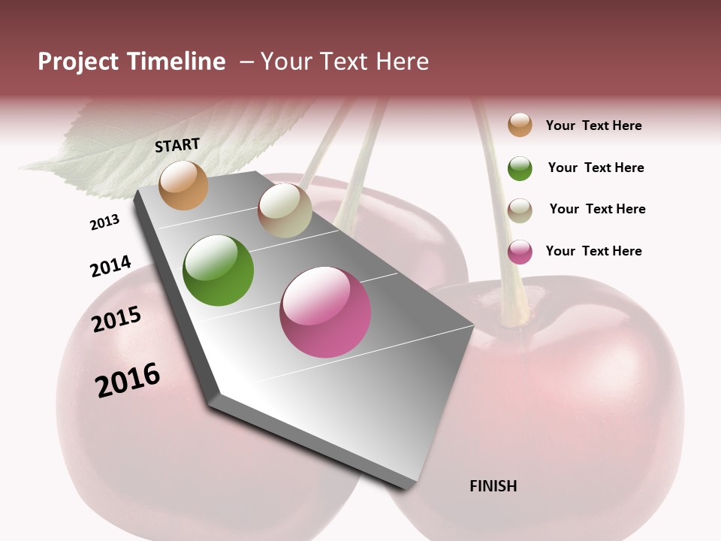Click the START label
pyautogui.click(x=177, y=145)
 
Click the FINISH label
pyautogui.click(x=493, y=486)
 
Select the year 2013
pyautogui.click(x=104, y=222)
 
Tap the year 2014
pyautogui.click(x=110, y=267)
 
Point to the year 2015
pyautogui.click(x=116, y=319)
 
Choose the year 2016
pyautogui.click(x=128, y=380)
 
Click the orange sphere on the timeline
pyautogui.click(x=183, y=185)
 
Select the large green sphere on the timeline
pyautogui.click(x=218, y=270)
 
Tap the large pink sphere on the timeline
pyautogui.click(x=325, y=312)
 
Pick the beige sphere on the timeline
pyautogui.click(x=285, y=210)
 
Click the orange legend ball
pyautogui.click(x=520, y=125)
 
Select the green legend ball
pyautogui.click(x=520, y=168)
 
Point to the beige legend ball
pyautogui.click(x=520, y=210)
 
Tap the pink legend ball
pyautogui.click(x=520, y=252)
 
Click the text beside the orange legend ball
pyautogui.click(x=593, y=125)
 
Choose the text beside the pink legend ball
pyautogui.click(x=593, y=251)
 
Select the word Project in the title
pyautogui.click(x=79, y=62)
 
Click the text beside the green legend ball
pyautogui.click(x=596, y=168)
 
